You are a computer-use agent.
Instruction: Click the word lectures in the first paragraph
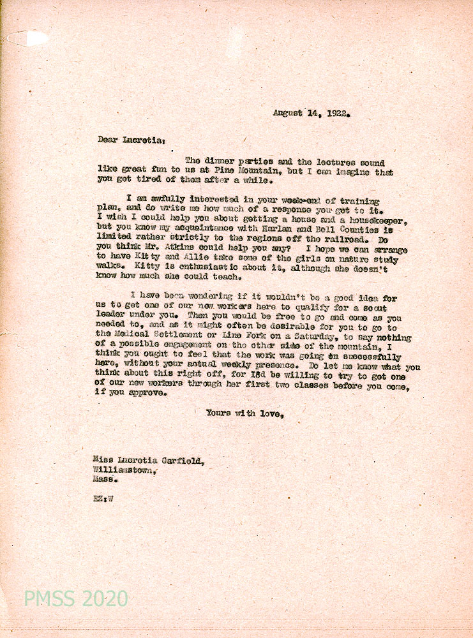327,163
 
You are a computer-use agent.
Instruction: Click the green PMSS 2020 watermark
76,599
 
